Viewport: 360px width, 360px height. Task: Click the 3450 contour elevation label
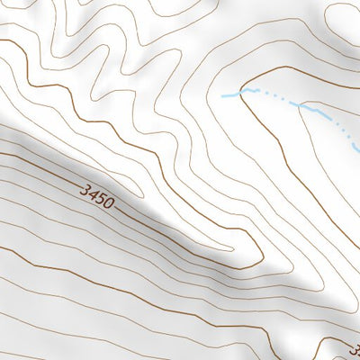point(97,197)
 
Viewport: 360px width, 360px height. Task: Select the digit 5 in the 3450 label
point(101,199)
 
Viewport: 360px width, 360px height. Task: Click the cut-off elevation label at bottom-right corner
point(354,348)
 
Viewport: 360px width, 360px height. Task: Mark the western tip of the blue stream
point(222,94)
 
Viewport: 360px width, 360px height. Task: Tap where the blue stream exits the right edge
point(357,148)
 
